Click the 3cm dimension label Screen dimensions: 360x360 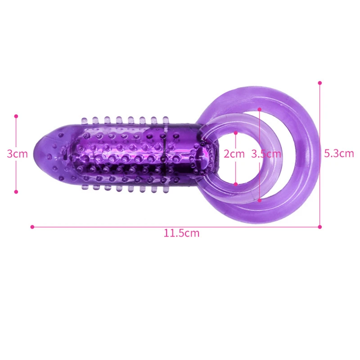point(17,154)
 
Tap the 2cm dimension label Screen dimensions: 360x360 point(234,154)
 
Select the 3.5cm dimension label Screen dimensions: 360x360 point(266,154)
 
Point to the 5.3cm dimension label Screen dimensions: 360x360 point(339,153)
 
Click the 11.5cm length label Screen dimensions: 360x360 point(181,233)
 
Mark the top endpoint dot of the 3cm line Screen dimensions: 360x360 point(16,116)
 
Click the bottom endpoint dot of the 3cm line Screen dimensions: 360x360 point(16,192)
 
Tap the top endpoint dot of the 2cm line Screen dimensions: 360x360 point(235,133)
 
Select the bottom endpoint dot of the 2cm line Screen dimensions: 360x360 point(235,184)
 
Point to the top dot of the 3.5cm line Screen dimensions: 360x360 point(260,109)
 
